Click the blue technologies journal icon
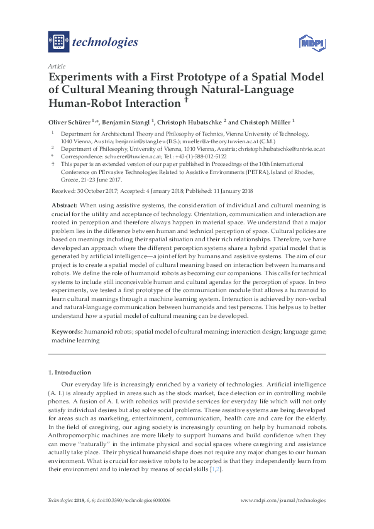[x=59, y=42]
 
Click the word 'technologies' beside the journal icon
[x=106, y=43]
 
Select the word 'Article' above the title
[x=55, y=66]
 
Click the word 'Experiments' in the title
[x=85, y=77]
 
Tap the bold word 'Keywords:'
[x=66, y=331]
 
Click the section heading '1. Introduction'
[x=70, y=373]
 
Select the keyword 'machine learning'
[x=75, y=339]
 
